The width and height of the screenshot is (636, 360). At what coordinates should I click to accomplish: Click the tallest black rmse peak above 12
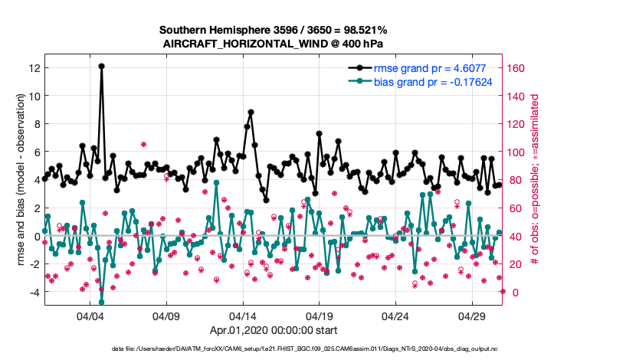pos(101,67)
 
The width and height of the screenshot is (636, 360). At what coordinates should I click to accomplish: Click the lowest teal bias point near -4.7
pos(101,302)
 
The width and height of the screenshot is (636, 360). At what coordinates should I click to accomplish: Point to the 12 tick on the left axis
pos(34,68)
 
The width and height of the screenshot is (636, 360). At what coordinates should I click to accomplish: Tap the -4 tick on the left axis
pos(34,292)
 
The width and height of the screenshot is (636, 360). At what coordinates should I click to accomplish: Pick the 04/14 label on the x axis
pos(243,316)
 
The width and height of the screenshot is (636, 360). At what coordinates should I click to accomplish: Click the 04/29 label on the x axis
pos(472,316)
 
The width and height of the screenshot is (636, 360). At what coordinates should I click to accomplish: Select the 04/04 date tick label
pos(90,316)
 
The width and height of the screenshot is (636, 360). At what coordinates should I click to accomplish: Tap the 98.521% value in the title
pos(365,30)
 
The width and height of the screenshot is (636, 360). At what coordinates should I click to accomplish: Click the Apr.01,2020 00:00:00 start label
pos(274,331)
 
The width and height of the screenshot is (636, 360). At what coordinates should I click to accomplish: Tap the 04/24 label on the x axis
pos(395,316)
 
